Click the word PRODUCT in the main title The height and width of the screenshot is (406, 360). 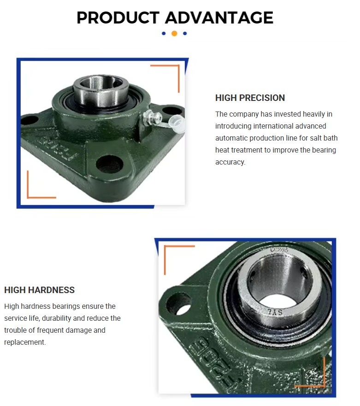[118, 18]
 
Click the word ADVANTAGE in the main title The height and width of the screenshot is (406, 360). [219, 18]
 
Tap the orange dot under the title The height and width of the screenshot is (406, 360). [174, 33]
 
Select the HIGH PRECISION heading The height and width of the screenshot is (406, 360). [250, 98]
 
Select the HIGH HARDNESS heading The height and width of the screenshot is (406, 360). [39, 290]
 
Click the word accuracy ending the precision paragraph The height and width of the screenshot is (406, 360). [230, 162]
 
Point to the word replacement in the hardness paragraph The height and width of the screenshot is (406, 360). [25, 342]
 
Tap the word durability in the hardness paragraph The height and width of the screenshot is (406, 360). [56, 318]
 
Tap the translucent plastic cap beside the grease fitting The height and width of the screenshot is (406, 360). [176, 124]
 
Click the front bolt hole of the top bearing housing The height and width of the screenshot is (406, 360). [109, 165]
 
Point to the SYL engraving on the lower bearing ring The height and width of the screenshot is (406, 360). [275, 312]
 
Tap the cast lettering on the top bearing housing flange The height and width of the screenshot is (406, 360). [58, 148]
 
